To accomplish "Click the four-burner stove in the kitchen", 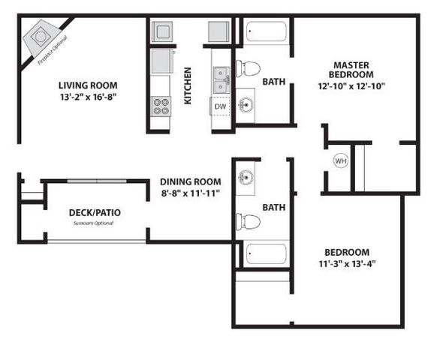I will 161,105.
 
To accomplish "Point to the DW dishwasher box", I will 220,106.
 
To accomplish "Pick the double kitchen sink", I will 221,75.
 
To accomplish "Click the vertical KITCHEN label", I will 188,85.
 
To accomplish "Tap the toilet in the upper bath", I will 249,68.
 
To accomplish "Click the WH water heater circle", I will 340,160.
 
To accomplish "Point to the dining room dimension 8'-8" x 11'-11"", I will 190,193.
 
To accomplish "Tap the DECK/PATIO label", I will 95,212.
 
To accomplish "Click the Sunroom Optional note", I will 95,223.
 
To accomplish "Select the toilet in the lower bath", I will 248,222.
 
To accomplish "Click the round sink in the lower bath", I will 246,179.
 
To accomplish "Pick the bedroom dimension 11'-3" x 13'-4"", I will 347,264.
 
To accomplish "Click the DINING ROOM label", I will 190,181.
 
